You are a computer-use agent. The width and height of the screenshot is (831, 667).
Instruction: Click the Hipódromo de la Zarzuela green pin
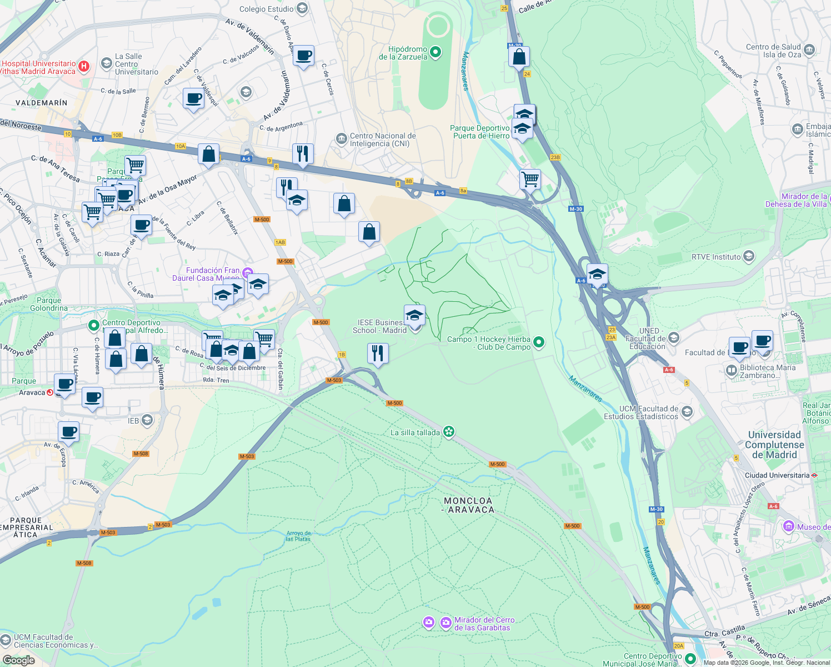(436, 53)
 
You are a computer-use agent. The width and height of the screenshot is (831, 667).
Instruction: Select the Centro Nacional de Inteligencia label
(382, 140)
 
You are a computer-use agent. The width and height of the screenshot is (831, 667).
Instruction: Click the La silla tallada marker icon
(449, 432)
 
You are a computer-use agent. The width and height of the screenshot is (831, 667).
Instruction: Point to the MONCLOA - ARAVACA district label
(468, 505)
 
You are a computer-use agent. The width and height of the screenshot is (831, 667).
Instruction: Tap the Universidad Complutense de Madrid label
(774, 445)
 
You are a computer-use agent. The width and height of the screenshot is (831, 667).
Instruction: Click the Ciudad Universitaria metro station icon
(814, 475)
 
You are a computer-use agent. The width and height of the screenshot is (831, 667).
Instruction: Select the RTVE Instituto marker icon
(749, 256)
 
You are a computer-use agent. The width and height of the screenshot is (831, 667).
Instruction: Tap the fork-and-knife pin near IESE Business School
(378, 353)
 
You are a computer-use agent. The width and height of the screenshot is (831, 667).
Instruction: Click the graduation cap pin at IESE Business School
(414, 316)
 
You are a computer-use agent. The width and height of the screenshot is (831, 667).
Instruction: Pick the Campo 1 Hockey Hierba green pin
(538, 343)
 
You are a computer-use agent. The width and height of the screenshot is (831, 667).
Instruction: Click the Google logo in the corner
(18, 660)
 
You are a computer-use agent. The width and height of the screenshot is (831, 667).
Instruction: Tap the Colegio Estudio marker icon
(302, 8)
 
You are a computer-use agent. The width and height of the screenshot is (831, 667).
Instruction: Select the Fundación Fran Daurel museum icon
(247, 272)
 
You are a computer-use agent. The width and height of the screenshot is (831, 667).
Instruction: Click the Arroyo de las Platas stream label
(298, 536)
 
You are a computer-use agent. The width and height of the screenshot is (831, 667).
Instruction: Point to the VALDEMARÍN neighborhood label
(41, 103)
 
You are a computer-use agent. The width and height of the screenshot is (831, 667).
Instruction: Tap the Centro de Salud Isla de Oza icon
(809, 50)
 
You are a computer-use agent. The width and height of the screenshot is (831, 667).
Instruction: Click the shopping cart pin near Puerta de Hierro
(530, 180)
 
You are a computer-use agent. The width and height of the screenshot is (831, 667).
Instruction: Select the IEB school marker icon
(147, 420)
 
